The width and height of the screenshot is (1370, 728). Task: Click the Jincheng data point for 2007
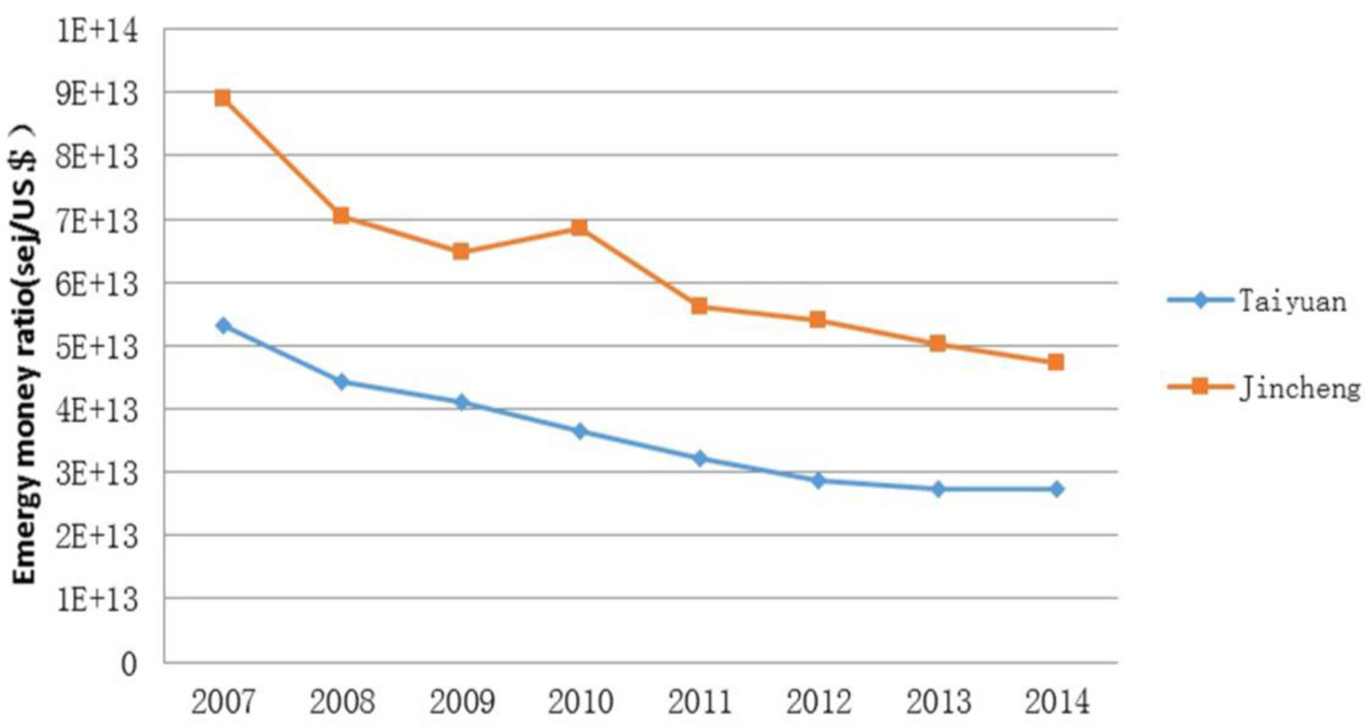[223, 98]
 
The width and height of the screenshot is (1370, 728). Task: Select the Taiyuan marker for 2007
[224, 325]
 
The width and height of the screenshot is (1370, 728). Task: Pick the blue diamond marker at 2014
[1057, 489]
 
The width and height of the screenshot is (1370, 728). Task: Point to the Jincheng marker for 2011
[699, 306]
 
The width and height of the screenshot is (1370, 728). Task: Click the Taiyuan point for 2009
[462, 402]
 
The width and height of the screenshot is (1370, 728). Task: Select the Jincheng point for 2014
[1056, 363]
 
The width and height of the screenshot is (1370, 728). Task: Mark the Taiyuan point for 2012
[819, 480]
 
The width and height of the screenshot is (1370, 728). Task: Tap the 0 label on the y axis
[129, 664]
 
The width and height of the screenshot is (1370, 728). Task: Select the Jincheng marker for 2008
[341, 216]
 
